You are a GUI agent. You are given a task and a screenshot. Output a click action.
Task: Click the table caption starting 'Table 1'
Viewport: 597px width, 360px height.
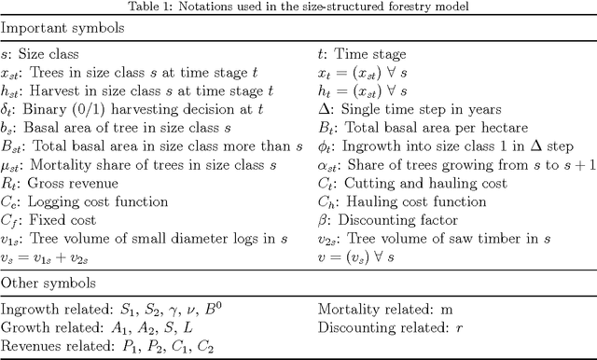point(298,7)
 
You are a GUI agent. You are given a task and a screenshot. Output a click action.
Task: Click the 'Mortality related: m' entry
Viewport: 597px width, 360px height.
point(382,309)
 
